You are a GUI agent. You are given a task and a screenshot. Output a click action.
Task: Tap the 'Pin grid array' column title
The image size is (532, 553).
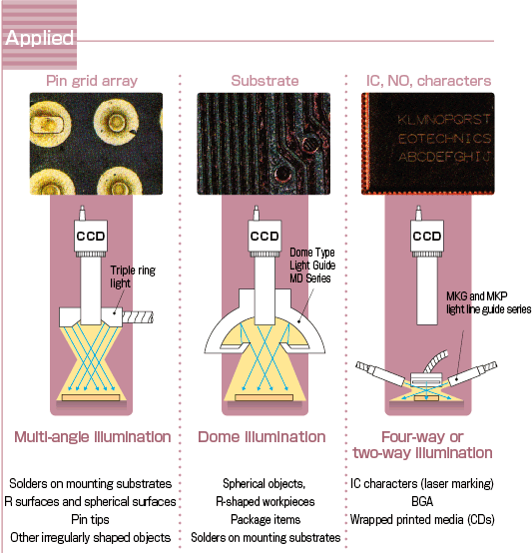pos(92,81)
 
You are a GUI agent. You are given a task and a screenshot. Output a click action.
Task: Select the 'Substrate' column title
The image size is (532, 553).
pos(265,81)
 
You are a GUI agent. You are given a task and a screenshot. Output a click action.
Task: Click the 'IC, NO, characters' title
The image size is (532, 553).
pos(428,81)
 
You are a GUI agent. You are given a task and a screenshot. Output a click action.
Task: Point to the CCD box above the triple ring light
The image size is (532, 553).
pos(91,236)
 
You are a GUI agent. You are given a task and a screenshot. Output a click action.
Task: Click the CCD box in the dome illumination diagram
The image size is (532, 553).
pos(265,236)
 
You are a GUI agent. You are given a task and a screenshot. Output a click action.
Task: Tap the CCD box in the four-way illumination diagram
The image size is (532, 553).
pos(427,236)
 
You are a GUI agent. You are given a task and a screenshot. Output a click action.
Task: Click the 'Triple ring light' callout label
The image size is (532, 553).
pos(133,276)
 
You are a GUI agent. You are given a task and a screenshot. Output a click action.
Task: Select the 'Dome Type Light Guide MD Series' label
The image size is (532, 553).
pos(312,266)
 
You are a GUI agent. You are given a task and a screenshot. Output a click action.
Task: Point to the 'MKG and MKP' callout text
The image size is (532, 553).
pos(477,295)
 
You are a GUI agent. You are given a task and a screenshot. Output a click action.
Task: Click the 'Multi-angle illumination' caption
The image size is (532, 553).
pos(93,437)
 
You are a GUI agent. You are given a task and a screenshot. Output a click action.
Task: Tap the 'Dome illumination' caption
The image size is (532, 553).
pos(262,437)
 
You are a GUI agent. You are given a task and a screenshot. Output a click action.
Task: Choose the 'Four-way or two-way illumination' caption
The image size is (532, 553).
pos(422,445)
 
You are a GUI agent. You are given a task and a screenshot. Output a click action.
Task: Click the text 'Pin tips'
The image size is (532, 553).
pos(90,519)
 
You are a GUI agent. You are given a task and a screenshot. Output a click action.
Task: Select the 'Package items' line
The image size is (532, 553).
pos(266,519)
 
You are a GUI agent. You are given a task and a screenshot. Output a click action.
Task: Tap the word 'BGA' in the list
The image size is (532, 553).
pos(422,501)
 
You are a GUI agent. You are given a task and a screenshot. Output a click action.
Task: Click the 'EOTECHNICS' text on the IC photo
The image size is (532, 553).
pos(444,138)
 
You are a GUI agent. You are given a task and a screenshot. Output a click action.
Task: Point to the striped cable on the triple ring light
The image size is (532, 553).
pos(138,317)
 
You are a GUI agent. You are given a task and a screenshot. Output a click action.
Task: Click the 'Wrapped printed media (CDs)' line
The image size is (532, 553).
pos(422,519)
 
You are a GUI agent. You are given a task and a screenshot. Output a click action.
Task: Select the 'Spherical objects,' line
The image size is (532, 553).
pos(265,483)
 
